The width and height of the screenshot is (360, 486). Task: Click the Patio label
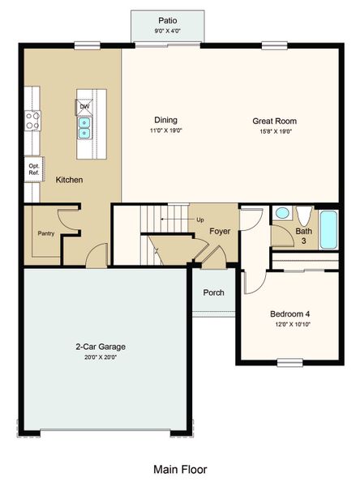click(168, 21)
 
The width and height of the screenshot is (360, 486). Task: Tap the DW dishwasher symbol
click(84, 107)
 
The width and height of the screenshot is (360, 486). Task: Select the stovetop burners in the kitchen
click(32, 121)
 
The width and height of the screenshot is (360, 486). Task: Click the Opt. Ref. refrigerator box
click(34, 169)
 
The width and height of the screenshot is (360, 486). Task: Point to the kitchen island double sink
click(84, 128)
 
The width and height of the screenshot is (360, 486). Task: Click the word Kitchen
click(69, 180)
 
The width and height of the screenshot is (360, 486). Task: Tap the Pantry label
click(46, 233)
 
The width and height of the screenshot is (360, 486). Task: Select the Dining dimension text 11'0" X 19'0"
click(166, 130)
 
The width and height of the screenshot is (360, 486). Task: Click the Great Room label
click(274, 121)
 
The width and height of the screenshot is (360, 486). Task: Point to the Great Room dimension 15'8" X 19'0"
click(276, 131)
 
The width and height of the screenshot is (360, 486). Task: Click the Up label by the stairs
click(200, 220)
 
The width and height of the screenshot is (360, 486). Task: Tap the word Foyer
click(220, 231)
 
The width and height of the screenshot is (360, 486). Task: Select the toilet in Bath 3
click(304, 215)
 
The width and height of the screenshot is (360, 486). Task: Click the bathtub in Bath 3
click(328, 230)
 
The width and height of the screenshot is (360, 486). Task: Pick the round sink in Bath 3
click(282, 213)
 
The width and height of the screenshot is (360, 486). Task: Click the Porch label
click(213, 292)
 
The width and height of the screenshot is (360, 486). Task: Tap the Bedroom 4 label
click(289, 314)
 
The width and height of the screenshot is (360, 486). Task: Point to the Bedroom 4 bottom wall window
click(289, 362)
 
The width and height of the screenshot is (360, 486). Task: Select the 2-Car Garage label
click(101, 347)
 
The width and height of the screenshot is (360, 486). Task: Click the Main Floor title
click(180, 469)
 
